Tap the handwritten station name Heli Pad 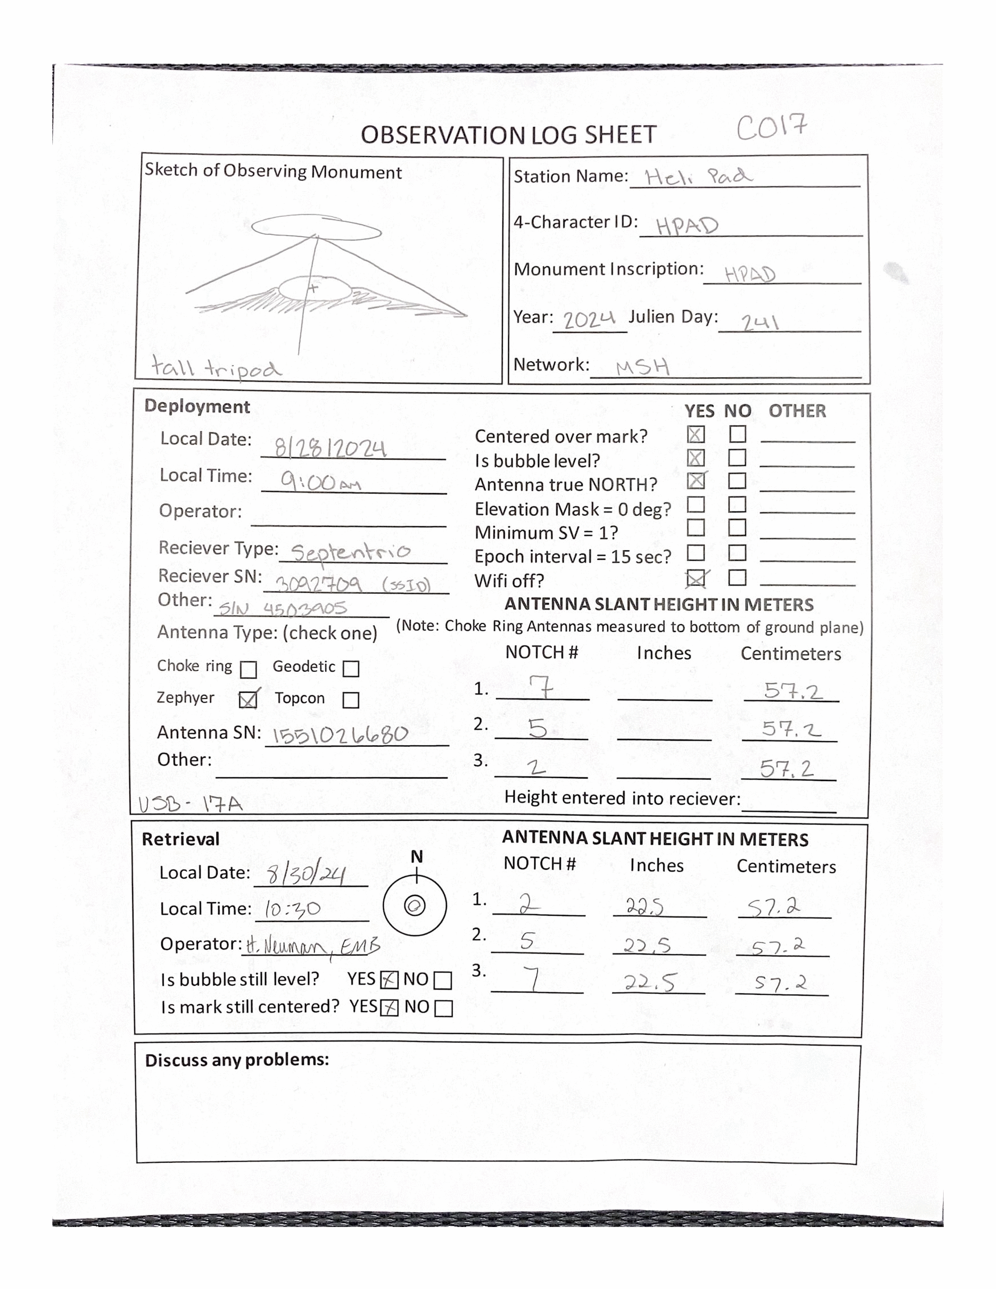(698, 176)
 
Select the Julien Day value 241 (760, 322)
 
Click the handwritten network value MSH (643, 367)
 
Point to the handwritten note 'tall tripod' (216, 367)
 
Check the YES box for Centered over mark (696, 435)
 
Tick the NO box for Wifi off (737, 577)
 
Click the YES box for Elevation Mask (696, 505)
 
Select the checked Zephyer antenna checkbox (248, 699)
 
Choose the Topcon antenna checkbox (350, 700)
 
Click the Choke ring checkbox (249, 670)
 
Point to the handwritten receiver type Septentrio (350, 552)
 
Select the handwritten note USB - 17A (190, 804)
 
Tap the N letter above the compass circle (416, 856)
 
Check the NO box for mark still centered (443, 1009)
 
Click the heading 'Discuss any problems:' (237, 1059)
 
